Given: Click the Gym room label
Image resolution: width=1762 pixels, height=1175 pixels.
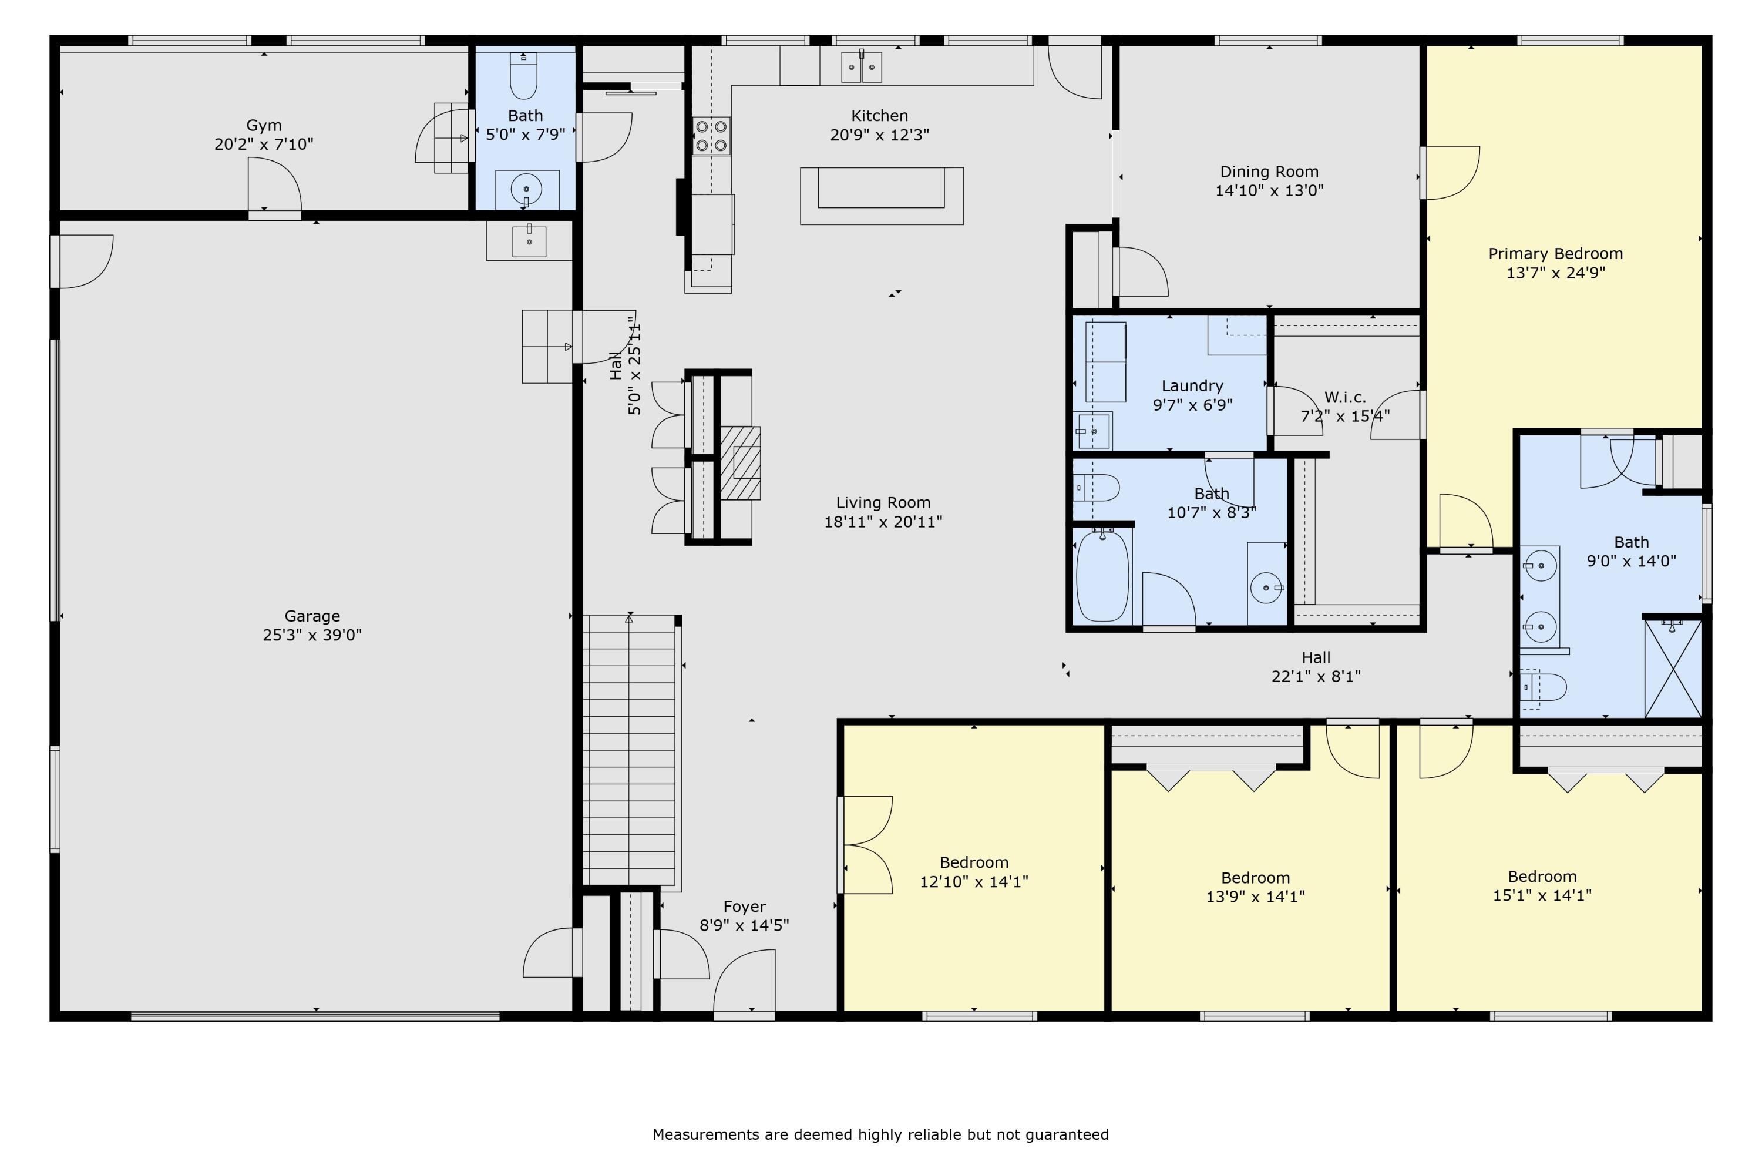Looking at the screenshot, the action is tap(264, 125).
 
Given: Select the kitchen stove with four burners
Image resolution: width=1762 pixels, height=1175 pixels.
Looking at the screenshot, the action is tap(711, 136).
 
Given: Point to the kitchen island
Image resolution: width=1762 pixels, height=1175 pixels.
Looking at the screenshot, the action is tap(882, 196).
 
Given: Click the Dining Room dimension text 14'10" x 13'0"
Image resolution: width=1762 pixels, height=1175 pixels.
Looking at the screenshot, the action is tap(1269, 190).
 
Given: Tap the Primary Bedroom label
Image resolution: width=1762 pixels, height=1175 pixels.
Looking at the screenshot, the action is tap(1555, 254).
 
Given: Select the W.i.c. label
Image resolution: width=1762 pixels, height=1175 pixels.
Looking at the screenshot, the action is tap(1345, 397).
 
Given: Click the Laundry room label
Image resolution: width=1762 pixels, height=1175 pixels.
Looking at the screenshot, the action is tap(1192, 386).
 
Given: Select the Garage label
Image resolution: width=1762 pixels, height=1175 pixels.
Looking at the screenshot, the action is tap(312, 616).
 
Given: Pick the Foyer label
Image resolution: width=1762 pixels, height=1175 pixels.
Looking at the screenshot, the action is tap(744, 907).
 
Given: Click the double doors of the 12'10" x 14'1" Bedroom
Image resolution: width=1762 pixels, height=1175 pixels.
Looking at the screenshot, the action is tap(866, 845).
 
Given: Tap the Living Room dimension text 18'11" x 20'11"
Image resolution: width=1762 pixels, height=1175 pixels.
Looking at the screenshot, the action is tap(883, 522).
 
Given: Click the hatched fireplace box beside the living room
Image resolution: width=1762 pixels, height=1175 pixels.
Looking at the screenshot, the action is tap(740, 463).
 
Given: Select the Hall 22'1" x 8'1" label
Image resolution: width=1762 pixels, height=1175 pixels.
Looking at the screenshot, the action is tap(1316, 667).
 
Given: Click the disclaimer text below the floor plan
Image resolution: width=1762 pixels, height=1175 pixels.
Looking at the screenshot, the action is tap(880, 1134).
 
